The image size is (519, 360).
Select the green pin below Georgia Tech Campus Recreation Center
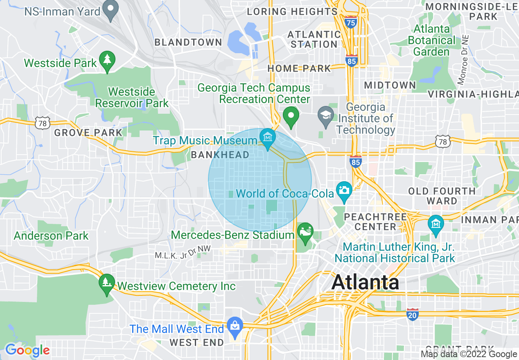[291, 116]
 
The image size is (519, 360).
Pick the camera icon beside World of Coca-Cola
[344, 191]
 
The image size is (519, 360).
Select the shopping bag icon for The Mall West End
[235, 326]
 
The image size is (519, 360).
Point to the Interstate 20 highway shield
[413, 314]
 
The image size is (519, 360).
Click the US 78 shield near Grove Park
[42, 123]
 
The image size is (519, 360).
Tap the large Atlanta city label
[366, 282]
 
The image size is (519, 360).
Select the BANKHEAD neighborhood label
[220, 155]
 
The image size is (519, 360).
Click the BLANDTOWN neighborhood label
[188, 42]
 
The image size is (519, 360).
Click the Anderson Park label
[51, 236]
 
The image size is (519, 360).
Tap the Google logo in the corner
[27, 350]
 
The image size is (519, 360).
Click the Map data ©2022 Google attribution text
[469, 354]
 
